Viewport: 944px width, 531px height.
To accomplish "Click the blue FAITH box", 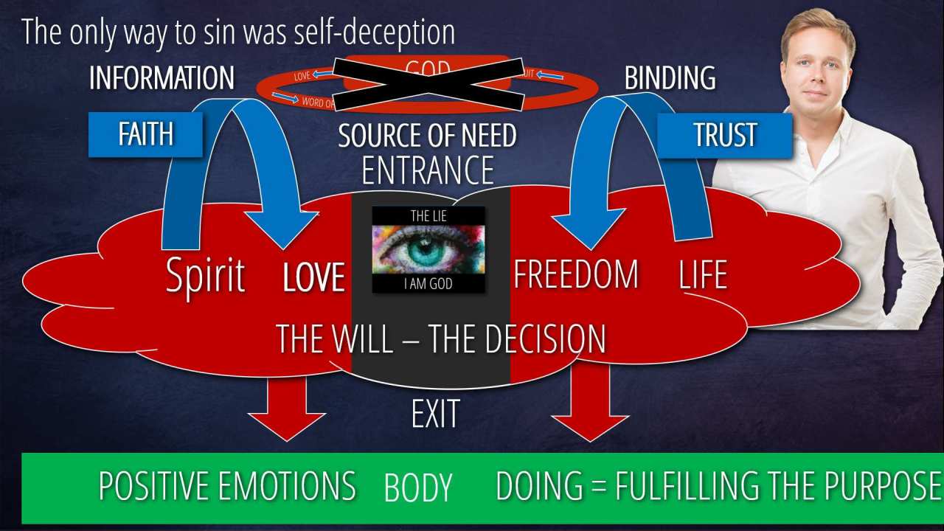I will (145, 134).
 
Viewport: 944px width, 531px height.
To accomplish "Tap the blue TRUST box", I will (724, 135).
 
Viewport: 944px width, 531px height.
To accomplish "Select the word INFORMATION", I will (162, 78).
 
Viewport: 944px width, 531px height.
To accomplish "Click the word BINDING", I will (670, 78).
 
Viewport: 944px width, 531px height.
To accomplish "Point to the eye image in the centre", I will (428, 249).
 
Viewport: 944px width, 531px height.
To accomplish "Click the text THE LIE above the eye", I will (428, 215).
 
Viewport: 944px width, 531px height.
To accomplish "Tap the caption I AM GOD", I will (428, 282).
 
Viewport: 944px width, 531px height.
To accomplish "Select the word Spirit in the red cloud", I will (205, 276).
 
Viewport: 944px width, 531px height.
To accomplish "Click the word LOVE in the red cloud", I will (314, 277).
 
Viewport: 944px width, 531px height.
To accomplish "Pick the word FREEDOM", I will (576, 274).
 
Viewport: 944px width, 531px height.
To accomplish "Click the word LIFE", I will (702, 275).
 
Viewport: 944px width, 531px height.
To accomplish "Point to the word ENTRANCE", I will (428, 170).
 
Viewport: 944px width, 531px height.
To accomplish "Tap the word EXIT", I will (435, 414).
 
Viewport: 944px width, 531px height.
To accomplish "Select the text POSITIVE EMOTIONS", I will (227, 486).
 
